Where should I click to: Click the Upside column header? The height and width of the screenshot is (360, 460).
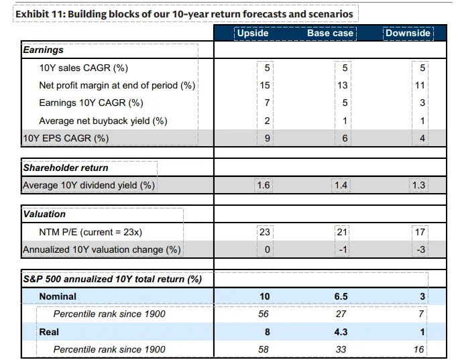[x=253, y=33]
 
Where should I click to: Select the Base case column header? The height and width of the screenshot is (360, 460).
[x=330, y=33]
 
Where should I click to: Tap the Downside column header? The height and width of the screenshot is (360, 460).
[x=408, y=33]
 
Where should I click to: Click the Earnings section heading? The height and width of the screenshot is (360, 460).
[x=43, y=50]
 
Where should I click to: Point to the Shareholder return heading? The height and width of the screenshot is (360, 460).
[x=66, y=168]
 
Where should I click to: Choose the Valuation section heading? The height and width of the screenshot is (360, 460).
[x=44, y=214]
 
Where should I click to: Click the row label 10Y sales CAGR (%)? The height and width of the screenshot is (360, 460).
[x=84, y=68]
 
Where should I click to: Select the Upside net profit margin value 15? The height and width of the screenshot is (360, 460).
[x=265, y=85]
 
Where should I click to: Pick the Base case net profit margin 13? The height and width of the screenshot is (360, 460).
[x=343, y=85]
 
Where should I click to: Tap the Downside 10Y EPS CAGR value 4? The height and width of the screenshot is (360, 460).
[x=422, y=138]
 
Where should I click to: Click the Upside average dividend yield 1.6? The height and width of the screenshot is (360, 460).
[x=263, y=186]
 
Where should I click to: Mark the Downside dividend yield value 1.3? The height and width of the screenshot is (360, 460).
[x=418, y=186]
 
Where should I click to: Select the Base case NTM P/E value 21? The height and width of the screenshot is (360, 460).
[x=342, y=233]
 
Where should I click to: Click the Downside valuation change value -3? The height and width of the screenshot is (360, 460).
[x=420, y=249]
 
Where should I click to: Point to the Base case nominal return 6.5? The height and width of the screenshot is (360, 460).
[x=341, y=296]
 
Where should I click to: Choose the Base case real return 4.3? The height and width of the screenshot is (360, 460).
[x=341, y=332]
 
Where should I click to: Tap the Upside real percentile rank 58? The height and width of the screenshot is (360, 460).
[x=264, y=349]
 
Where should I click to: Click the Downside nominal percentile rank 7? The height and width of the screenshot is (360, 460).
[x=421, y=314]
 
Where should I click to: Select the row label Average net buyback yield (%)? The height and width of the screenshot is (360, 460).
[x=103, y=121]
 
